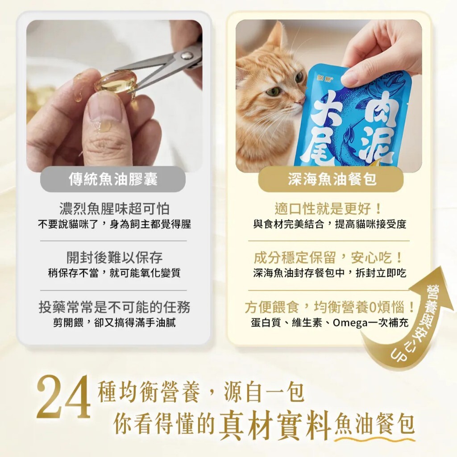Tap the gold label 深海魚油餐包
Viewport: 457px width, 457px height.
coord(331,179)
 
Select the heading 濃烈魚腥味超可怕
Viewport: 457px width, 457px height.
coord(114,208)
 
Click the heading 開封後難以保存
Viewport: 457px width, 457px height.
coord(114,258)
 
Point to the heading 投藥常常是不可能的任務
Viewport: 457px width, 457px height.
coord(114,307)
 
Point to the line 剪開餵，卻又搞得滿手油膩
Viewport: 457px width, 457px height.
coord(114,322)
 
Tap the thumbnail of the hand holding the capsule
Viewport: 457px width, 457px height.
coord(114,96)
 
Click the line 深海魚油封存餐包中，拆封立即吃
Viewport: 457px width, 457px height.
coord(330,273)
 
